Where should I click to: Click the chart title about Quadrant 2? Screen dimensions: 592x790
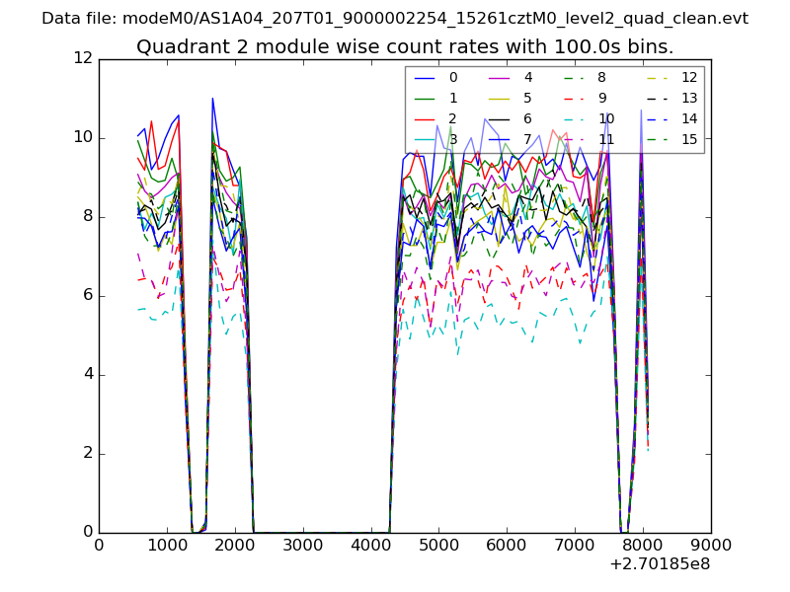(x=405, y=46)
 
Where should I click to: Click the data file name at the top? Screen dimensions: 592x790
(x=395, y=18)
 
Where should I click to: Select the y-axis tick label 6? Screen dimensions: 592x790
(x=87, y=295)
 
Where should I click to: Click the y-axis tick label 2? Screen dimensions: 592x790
(x=87, y=453)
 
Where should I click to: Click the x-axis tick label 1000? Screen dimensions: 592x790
(x=167, y=544)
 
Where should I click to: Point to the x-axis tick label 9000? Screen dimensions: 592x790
(x=711, y=544)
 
